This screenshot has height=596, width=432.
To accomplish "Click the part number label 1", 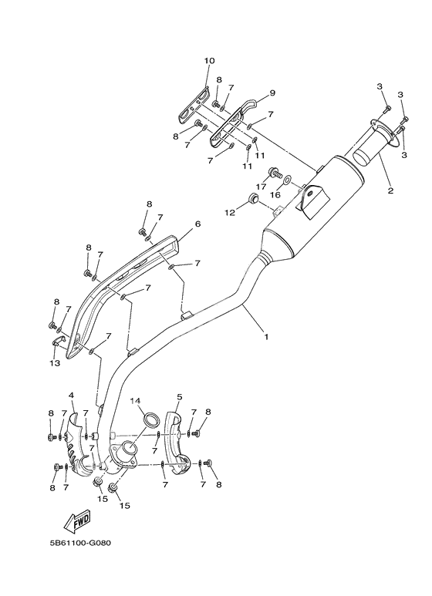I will tap(267, 337).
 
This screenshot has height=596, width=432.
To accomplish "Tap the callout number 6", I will tap(197, 224).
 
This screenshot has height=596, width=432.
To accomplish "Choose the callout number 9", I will tap(272, 93).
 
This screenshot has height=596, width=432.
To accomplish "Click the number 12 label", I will tap(229, 212).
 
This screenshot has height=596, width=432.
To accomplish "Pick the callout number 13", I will tap(55, 362).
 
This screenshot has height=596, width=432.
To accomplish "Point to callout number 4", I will tap(72, 396).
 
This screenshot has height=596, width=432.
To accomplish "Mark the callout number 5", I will tap(179, 397).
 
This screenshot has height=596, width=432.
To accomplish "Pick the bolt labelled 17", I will tap(274, 171).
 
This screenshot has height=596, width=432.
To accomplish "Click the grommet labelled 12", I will tap(251, 202).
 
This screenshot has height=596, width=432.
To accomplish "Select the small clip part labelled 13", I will tap(57, 342).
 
